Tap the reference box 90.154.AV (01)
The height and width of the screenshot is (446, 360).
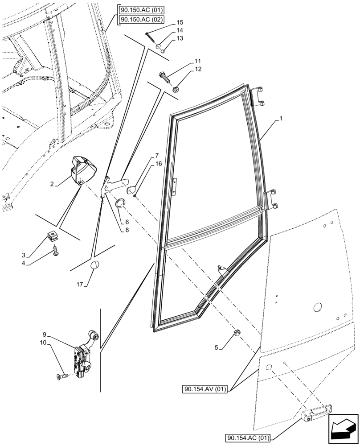205,389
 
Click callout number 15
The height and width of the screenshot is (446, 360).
180,22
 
